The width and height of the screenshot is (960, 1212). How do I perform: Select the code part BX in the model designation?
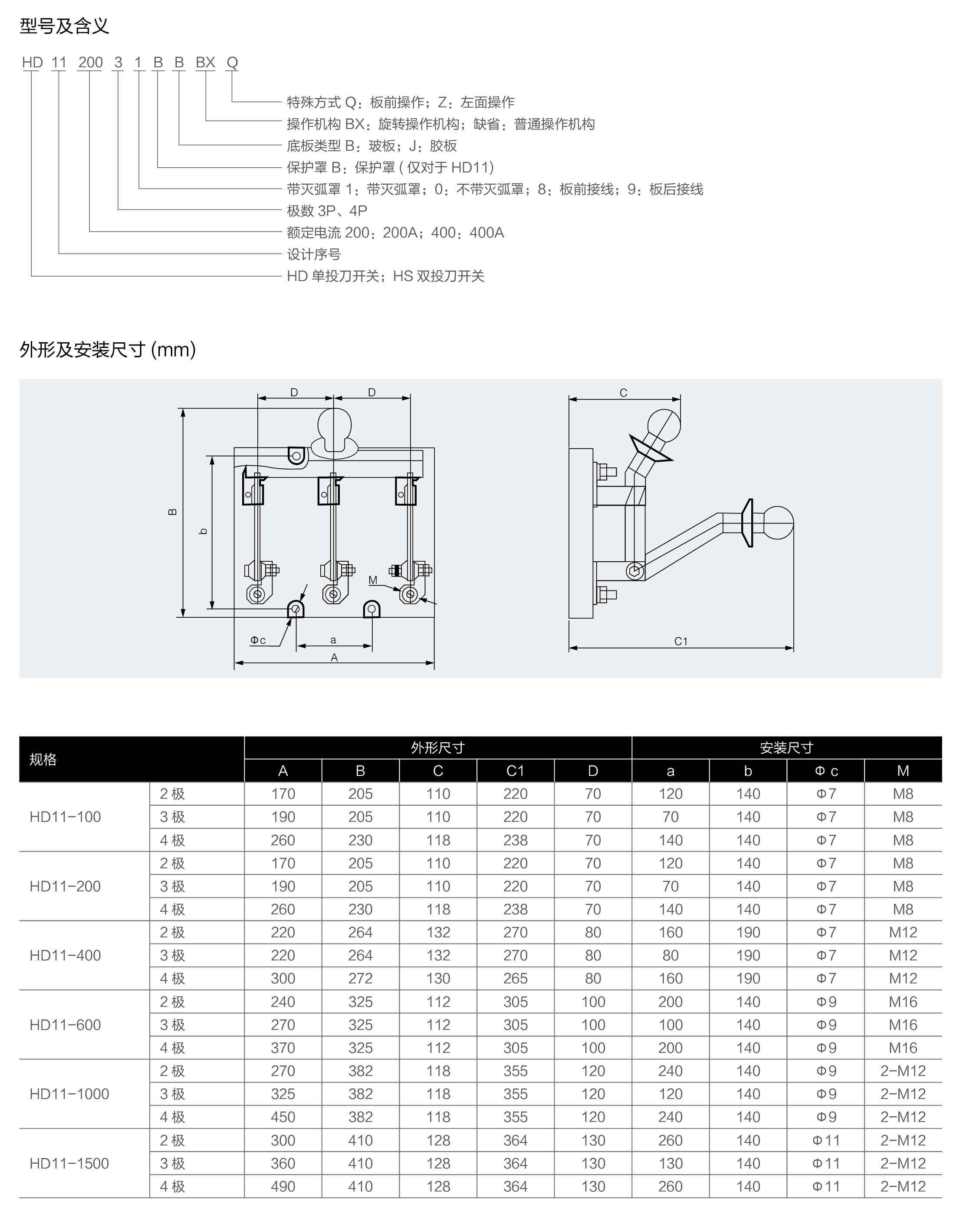(205, 63)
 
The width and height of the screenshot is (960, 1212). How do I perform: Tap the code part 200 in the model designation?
(90, 63)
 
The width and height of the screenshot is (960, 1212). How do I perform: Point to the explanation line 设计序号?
(313, 254)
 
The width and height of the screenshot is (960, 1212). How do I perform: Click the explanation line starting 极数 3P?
(326, 211)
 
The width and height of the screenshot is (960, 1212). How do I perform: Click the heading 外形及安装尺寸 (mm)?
(107, 350)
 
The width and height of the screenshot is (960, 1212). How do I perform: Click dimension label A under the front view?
(334, 657)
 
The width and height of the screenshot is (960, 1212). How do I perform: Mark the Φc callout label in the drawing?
(258, 640)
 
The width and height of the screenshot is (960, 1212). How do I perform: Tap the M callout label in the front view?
(373, 580)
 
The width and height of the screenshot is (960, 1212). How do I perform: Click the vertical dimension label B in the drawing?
(173, 512)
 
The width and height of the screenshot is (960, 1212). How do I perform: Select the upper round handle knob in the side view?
(664, 426)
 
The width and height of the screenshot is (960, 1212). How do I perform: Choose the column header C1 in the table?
(515, 771)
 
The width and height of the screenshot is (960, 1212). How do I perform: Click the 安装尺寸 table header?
(786, 748)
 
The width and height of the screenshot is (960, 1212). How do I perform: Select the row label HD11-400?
(65, 955)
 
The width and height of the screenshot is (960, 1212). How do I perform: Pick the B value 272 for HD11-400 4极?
(360, 978)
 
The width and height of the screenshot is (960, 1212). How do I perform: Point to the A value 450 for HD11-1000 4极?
(283, 1117)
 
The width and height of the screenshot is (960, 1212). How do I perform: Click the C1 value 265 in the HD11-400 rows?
(515, 978)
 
